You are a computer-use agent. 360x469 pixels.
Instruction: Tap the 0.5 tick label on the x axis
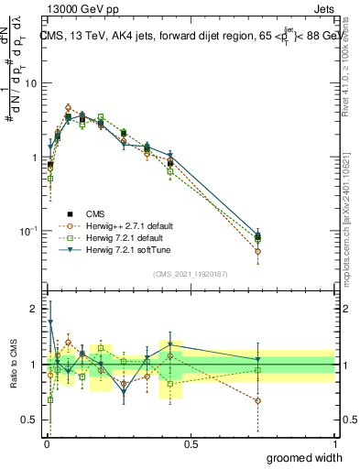[191, 444]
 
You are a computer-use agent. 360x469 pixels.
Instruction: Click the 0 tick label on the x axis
[45, 444]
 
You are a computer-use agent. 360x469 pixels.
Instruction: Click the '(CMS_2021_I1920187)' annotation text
[190, 272]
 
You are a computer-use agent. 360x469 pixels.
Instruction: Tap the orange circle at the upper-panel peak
[69, 107]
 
